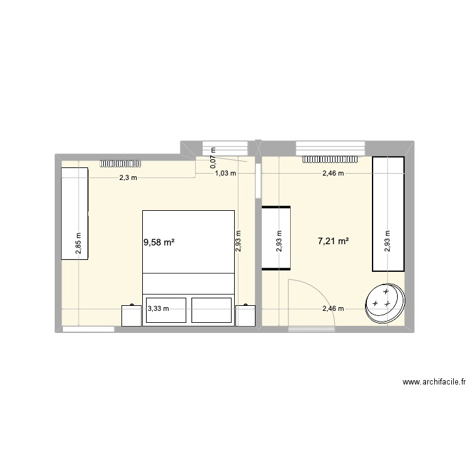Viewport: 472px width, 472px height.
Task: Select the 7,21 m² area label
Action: (x=334, y=240)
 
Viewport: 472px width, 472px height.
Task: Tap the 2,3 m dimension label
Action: (x=128, y=178)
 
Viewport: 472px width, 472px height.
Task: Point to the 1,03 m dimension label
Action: (x=225, y=173)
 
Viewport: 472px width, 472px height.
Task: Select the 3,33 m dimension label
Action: (x=158, y=308)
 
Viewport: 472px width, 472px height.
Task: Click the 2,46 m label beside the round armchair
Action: (x=333, y=308)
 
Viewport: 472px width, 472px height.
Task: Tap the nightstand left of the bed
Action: (x=132, y=315)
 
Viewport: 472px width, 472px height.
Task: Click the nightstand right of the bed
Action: (x=245, y=315)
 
